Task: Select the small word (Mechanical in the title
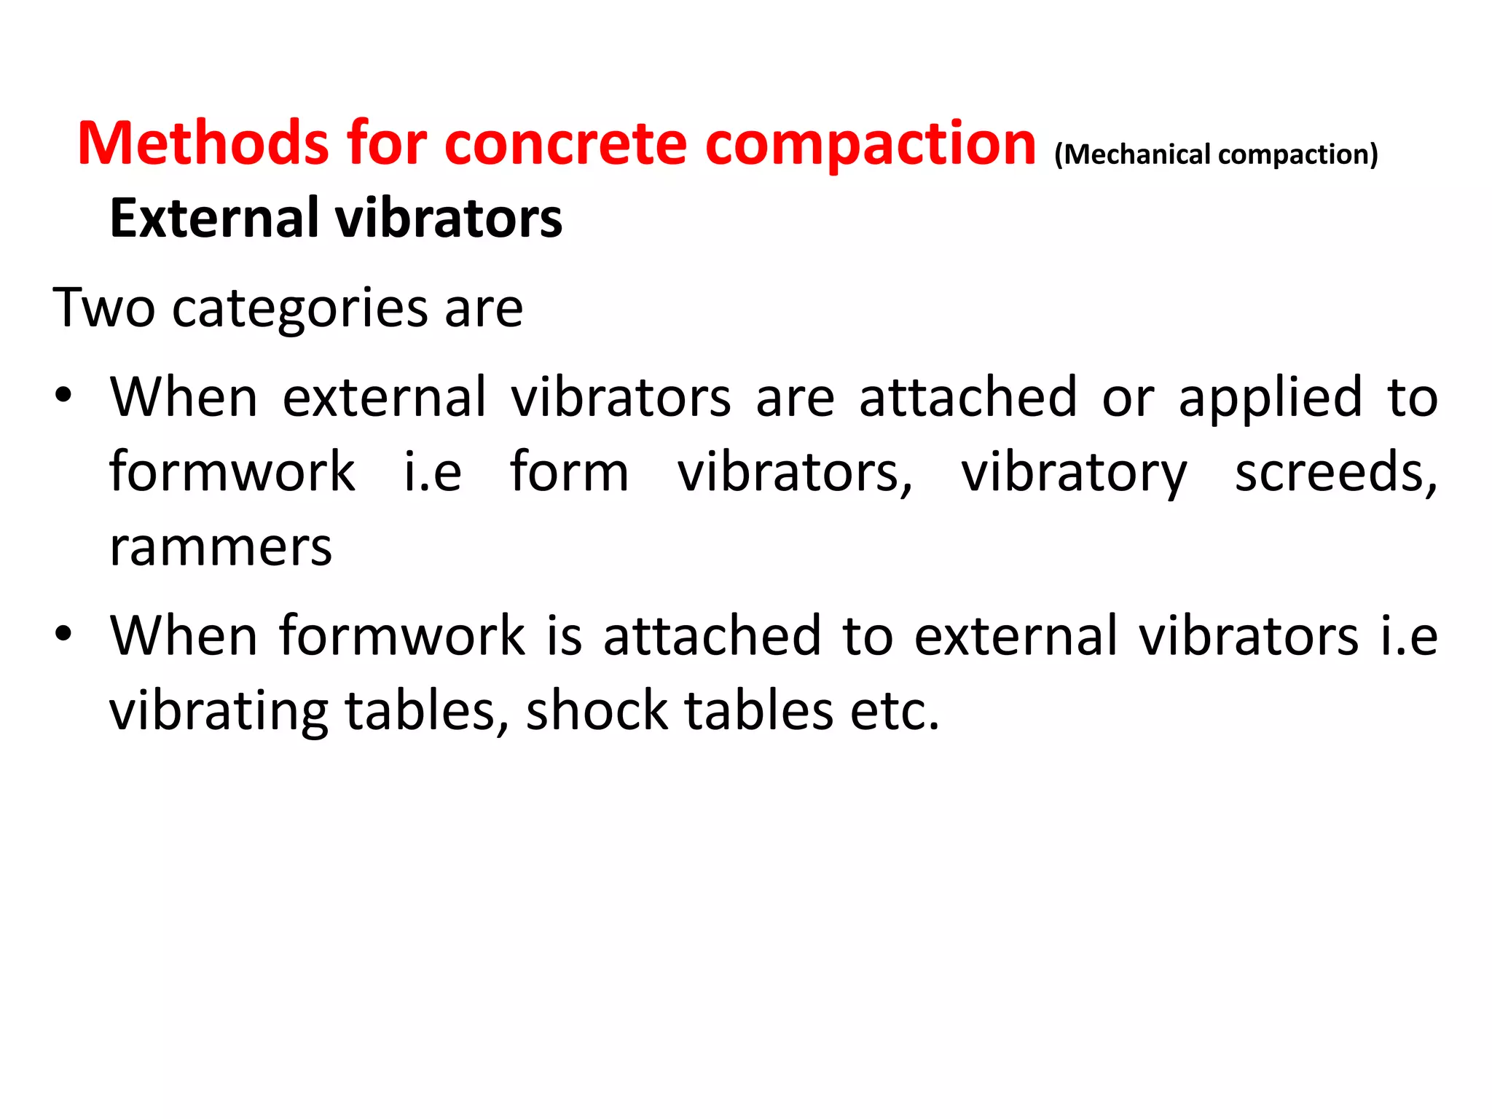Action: [x=1131, y=154]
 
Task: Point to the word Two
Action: [x=103, y=307]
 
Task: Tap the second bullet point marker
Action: [x=63, y=633]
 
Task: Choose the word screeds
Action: [x=1335, y=472]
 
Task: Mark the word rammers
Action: [x=221, y=548]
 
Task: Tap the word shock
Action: [x=597, y=710]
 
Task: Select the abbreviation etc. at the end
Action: [x=895, y=710]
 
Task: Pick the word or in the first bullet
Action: [x=1127, y=398]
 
